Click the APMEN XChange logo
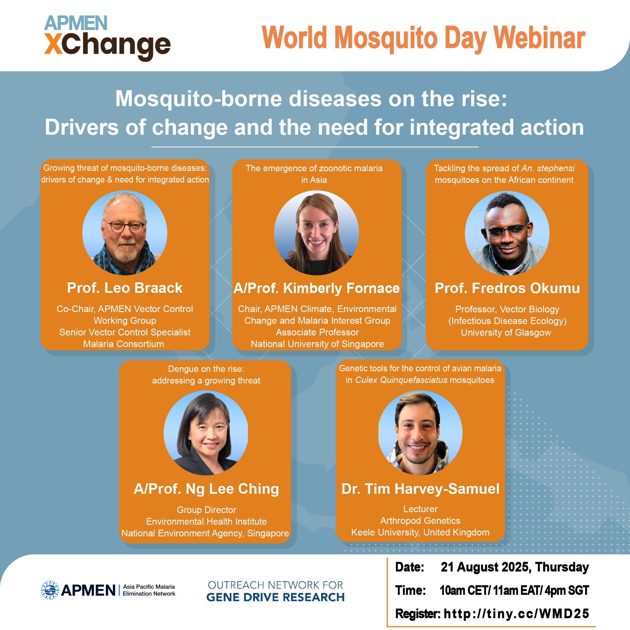(107, 38)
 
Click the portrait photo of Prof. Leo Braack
(125, 233)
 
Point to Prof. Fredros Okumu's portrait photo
(507, 233)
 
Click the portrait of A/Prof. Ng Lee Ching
(206, 433)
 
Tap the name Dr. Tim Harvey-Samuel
(420, 489)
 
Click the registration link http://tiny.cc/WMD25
(517, 614)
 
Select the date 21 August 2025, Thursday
(515, 567)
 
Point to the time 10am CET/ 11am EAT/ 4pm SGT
(514, 590)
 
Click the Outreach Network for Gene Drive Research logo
(276, 591)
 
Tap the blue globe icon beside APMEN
(50, 590)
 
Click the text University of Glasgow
(506, 332)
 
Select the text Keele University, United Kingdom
(420, 532)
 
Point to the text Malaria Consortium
(124, 344)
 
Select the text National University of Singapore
(317, 344)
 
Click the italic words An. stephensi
(548, 168)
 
